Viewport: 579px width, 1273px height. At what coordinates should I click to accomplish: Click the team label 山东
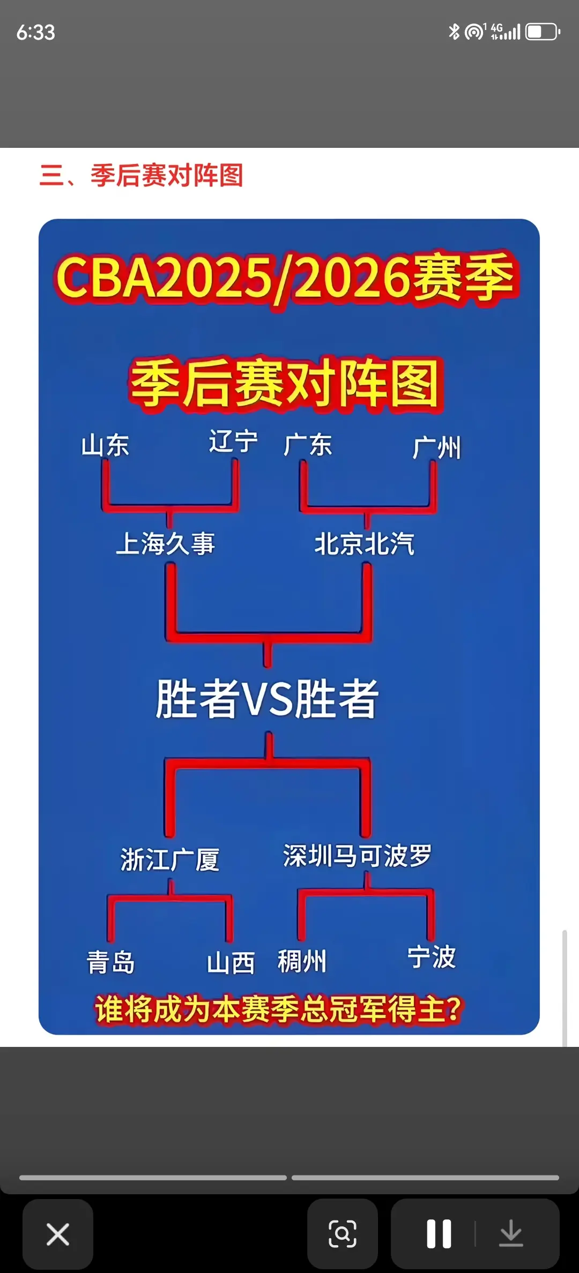click(x=105, y=445)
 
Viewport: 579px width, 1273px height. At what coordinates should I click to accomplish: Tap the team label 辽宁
click(x=233, y=442)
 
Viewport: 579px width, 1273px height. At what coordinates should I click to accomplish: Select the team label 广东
click(x=308, y=445)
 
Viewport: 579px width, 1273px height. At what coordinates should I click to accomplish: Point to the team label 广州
click(x=437, y=447)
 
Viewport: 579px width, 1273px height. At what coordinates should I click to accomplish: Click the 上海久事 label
click(x=166, y=544)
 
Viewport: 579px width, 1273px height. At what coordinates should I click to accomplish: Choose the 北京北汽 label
click(x=365, y=544)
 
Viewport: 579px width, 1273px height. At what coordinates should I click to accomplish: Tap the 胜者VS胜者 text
click(x=267, y=699)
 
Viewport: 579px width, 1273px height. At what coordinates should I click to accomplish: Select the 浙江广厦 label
click(x=170, y=859)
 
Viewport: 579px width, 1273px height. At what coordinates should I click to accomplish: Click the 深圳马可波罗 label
click(x=358, y=856)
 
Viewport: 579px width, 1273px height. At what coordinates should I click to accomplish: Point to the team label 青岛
click(x=111, y=962)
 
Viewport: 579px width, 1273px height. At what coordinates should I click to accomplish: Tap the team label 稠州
click(x=302, y=961)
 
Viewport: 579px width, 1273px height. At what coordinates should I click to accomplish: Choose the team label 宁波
click(x=432, y=957)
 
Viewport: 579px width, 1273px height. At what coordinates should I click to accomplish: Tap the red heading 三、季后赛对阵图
click(x=142, y=176)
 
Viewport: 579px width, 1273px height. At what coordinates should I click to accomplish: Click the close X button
click(x=58, y=1234)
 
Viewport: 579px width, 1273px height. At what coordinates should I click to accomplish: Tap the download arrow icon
click(x=511, y=1234)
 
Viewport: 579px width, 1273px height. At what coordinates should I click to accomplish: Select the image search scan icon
click(x=342, y=1234)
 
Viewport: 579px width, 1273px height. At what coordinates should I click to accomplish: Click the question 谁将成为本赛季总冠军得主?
click(x=279, y=1009)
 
